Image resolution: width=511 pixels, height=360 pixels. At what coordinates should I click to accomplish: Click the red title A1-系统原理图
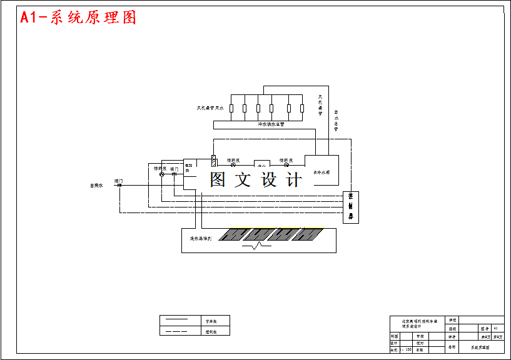coord(78,17)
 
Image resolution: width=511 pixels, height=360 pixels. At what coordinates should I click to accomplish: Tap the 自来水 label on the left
coord(96,185)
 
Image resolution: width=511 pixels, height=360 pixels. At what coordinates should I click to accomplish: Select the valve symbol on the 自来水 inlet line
coord(119,185)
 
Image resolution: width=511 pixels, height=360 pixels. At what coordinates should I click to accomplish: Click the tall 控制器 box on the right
coord(351,207)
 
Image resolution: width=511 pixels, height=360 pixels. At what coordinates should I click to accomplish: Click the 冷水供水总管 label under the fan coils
coord(271,124)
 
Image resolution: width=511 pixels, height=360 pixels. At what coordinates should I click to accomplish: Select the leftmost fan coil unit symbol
coord(231,108)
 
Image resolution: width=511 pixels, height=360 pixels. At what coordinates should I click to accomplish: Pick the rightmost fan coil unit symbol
coord(301,108)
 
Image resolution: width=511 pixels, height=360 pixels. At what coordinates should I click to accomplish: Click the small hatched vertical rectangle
coord(213,160)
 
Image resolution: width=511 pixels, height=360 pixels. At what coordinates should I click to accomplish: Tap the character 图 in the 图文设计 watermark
coord(218,180)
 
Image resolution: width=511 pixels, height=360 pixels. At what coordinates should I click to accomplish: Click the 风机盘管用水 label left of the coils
coord(210,108)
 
